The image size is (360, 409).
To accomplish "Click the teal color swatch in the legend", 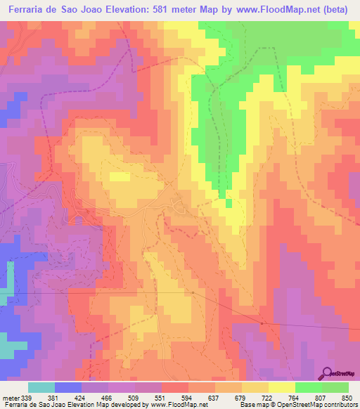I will pos(41,387).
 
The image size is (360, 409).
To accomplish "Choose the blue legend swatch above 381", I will pos(68,387).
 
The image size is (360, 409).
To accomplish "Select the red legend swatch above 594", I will pos(175,387).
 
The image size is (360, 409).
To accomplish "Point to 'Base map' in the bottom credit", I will pos(252,404).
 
